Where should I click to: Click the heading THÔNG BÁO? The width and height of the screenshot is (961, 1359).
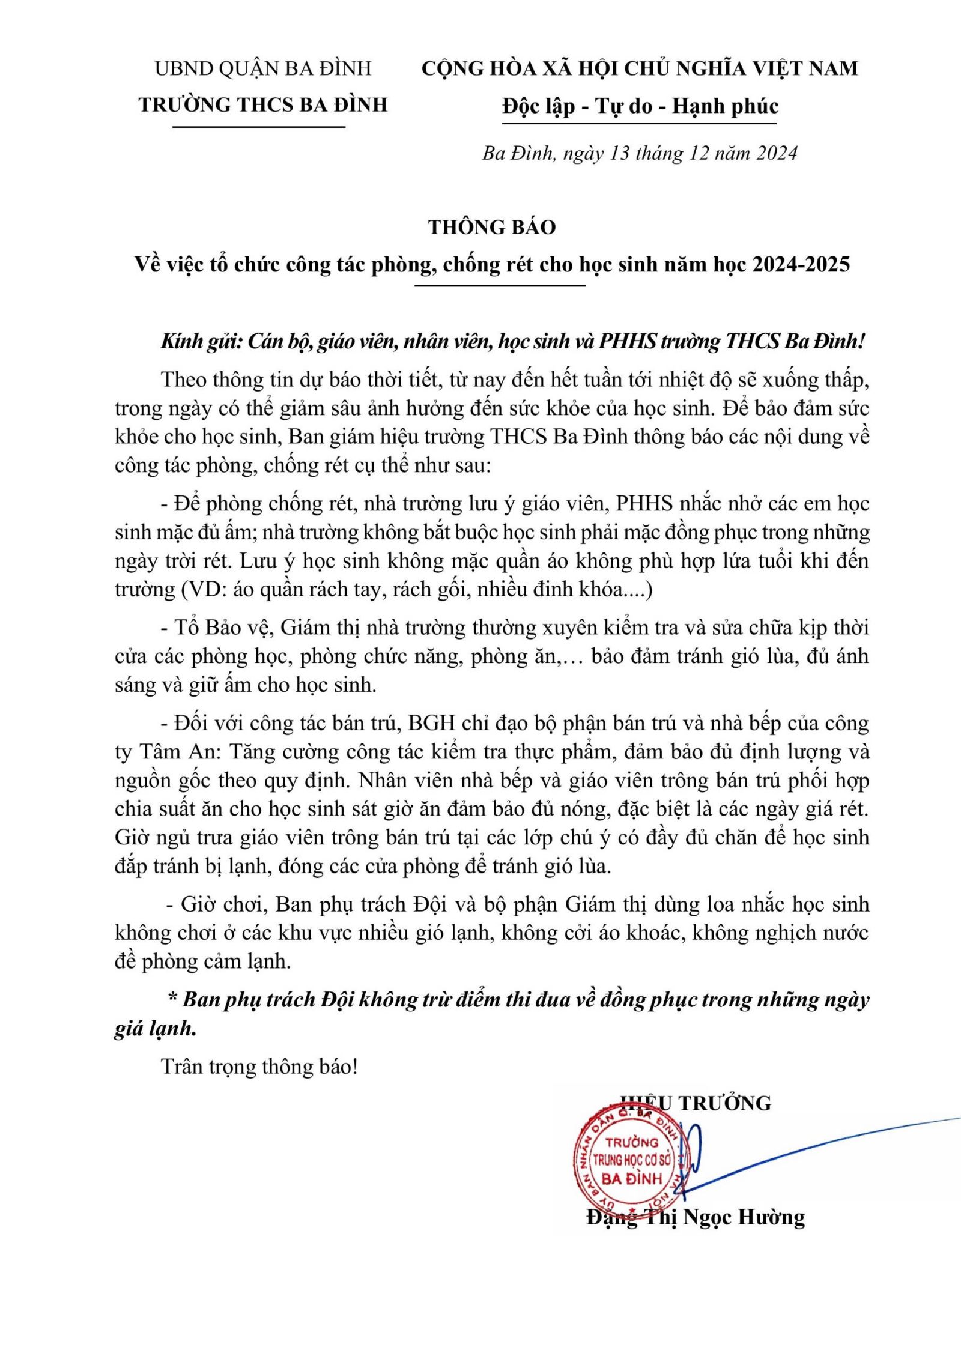click(x=492, y=227)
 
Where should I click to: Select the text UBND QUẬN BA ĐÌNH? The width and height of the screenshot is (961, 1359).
click(x=263, y=68)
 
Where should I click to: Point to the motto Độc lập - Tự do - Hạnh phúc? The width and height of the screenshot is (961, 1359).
click(x=640, y=107)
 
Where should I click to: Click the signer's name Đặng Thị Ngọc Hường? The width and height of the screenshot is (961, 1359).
click(x=696, y=1217)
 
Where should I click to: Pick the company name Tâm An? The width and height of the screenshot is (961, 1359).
click(x=177, y=752)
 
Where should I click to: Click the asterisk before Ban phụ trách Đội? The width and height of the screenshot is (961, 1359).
click(x=172, y=1000)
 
